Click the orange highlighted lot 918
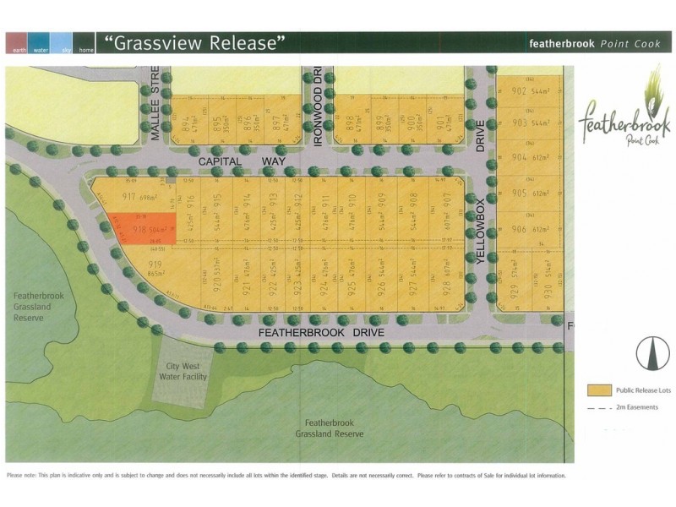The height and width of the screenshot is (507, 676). (139, 226)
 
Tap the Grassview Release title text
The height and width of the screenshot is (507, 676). (194, 41)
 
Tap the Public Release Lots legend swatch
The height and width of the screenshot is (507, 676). (599, 390)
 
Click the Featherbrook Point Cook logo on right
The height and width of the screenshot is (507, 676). (624, 115)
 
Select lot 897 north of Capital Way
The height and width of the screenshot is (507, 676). (275, 122)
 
